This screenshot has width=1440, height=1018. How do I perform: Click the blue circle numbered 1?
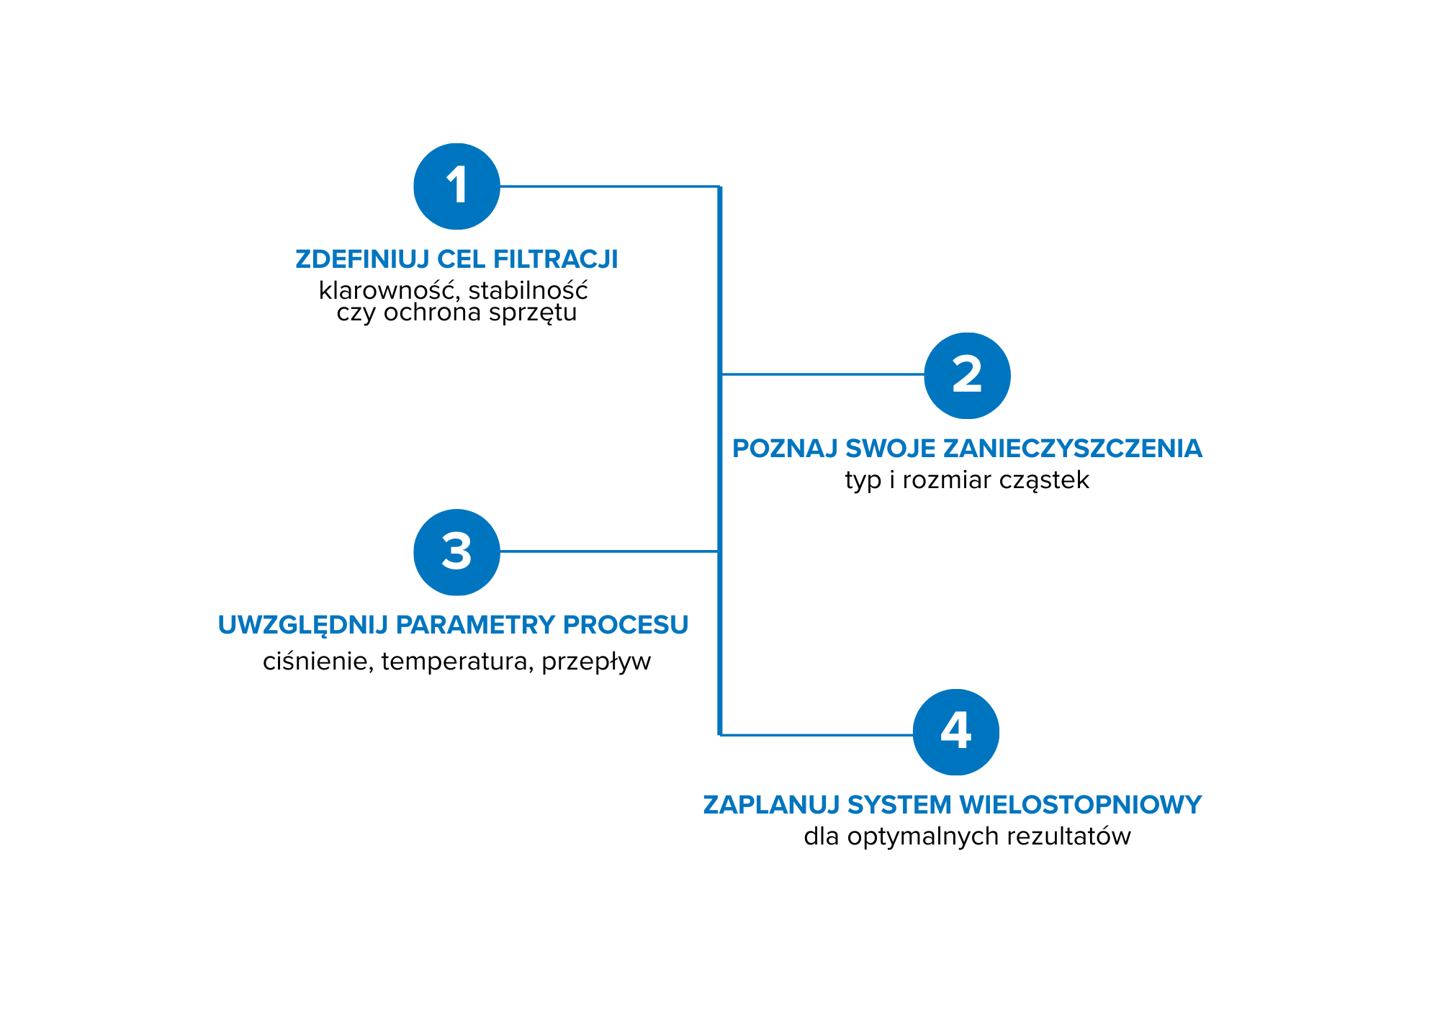456,186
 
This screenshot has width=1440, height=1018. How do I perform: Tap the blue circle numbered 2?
967,375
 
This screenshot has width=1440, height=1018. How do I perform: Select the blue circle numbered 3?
456,552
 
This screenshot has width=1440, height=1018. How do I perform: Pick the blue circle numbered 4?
955,731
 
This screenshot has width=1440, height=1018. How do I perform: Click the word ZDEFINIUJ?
362,259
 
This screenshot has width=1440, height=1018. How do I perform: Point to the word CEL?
461,259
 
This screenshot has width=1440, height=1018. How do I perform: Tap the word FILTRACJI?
555,259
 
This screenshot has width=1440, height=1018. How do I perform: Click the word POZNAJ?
785,449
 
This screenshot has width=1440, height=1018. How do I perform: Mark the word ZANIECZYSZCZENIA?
1073,449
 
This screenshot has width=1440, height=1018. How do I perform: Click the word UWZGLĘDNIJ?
303,625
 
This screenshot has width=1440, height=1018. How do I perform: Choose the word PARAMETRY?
476,625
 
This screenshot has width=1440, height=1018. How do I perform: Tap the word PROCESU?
626,625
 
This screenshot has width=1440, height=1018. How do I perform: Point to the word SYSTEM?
899,805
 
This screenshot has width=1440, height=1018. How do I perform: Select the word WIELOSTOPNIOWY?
1081,805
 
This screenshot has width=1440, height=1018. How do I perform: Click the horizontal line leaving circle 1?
609,186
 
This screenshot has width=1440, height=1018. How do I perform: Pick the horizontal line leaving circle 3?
609,551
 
